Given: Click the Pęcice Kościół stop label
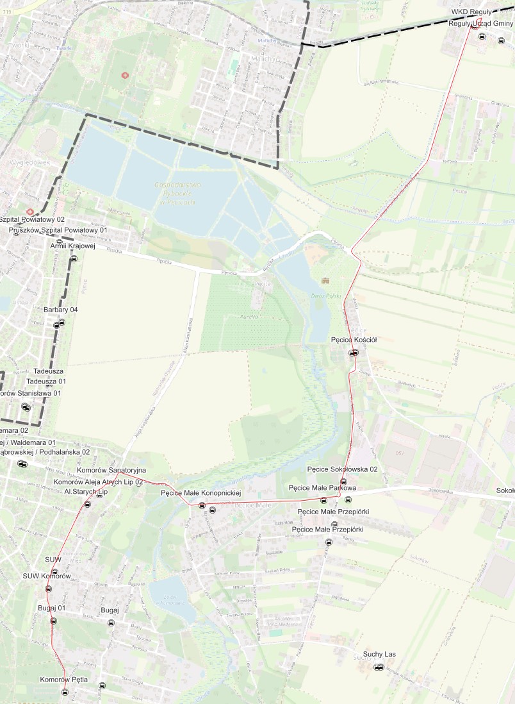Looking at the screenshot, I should tap(354, 340).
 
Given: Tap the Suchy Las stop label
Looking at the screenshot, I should tap(379, 654).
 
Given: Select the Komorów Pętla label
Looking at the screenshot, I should tap(63, 679).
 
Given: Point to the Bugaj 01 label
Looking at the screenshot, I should tap(52, 607).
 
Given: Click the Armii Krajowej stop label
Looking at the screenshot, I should tap(72, 246).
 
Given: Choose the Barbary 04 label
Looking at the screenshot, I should tap(61, 310).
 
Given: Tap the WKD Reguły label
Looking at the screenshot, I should tap(471, 12).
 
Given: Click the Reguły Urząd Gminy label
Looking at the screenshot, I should tap(481, 23).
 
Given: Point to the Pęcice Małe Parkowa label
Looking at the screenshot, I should tap(322, 488).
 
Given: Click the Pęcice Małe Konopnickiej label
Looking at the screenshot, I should tap(200, 493).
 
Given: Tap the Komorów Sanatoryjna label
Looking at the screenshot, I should tap(111, 471).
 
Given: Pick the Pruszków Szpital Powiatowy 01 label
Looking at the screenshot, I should tap(58, 230).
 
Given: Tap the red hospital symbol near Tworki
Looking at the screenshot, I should tap(124, 75).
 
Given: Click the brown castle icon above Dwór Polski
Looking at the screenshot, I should tap(325, 281).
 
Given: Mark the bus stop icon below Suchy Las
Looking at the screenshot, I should tap(379, 667).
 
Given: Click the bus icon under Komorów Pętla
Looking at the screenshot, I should tap(65, 692).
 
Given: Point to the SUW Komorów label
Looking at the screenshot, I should tap(46, 576).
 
